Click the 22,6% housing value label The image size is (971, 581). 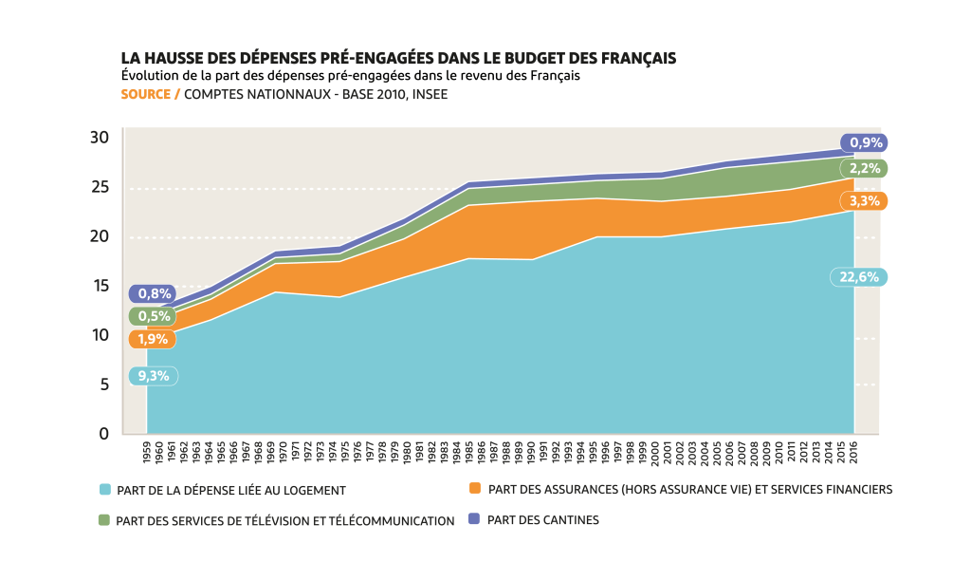click(x=859, y=277)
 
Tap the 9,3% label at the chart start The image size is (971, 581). click(x=153, y=376)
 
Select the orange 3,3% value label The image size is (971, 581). click(x=865, y=200)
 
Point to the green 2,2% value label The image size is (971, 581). click(x=865, y=168)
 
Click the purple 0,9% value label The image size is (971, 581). click(x=865, y=142)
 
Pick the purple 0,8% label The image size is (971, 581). click(x=153, y=293)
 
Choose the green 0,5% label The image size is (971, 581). click(x=153, y=316)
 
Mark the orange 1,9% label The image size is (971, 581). click(x=153, y=339)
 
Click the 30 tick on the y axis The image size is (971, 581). click(x=100, y=138)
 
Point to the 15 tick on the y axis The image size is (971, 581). click(x=100, y=286)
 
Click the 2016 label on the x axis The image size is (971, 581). click(x=855, y=452)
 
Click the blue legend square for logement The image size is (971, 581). click(x=105, y=490)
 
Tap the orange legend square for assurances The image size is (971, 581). click(x=475, y=489)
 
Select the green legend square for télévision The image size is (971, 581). click(x=105, y=519)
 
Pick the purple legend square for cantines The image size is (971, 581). click(x=475, y=519)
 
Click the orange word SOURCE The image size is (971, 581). click(x=145, y=94)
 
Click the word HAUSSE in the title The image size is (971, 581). click(x=175, y=58)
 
